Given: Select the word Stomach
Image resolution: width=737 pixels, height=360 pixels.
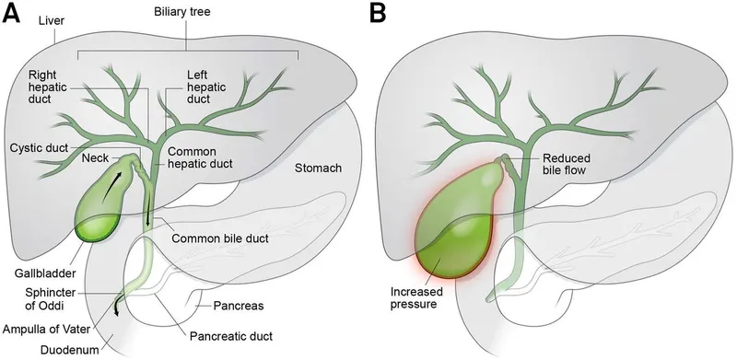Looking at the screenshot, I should [x=318, y=168].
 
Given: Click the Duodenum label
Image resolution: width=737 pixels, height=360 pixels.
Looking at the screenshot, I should [x=66, y=349].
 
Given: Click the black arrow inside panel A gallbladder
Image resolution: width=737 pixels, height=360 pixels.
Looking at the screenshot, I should [x=111, y=188].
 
